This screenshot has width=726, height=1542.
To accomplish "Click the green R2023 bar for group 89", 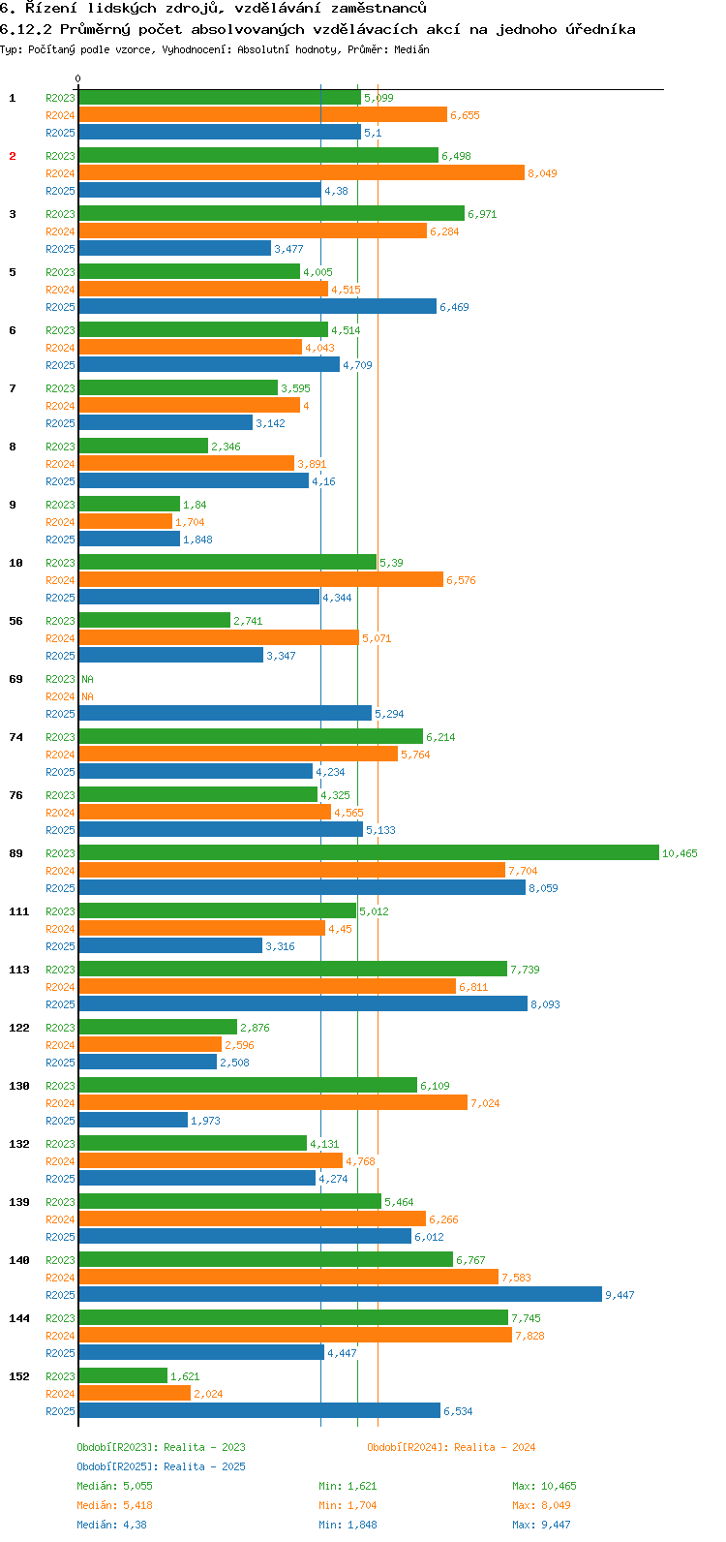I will [368, 852].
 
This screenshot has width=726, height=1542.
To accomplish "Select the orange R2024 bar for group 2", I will [301, 172].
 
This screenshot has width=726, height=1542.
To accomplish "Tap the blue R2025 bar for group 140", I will [340, 1294].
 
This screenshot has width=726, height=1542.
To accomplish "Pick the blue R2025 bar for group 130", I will [133, 1120].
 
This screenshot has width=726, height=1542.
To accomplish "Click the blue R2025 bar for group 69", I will [225, 713].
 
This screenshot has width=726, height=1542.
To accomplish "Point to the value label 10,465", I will [680, 853].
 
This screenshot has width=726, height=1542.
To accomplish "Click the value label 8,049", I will [542, 173].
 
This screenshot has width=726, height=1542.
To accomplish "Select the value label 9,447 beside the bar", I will [620, 1295].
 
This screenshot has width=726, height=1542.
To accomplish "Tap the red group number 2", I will [13, 156].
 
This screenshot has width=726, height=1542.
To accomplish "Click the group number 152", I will [19, 1376].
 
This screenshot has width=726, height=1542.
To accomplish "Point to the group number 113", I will [19, 970].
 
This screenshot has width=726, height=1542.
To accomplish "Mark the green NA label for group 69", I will [87, 679].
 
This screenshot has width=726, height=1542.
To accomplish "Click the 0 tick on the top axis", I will [78, 78].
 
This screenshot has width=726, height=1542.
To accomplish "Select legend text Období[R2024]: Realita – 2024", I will [451, 1447].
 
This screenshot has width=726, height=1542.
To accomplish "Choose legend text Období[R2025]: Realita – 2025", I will [161, 1466].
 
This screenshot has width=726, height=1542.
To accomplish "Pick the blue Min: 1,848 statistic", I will [348, 1525].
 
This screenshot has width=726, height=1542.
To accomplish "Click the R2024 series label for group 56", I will [60, 638].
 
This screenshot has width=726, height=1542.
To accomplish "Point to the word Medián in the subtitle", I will [412, 49].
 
